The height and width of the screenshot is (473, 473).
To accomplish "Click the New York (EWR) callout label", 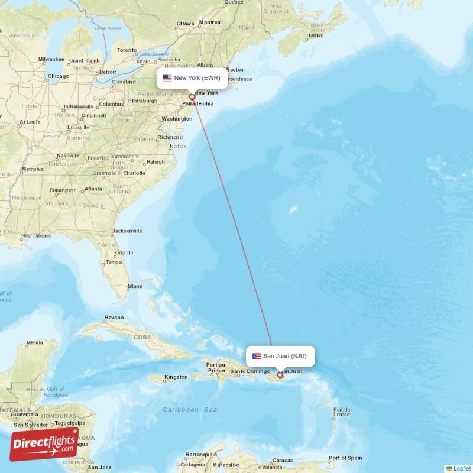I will click(x=192, y=78).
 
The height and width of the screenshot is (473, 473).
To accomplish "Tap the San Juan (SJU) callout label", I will click(x=280, y=356).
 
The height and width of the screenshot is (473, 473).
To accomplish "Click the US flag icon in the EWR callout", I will click(x=167, y=78).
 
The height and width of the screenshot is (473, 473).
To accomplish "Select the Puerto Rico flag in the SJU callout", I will click(x=257, y=356).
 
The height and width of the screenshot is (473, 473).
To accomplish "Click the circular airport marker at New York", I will click(x=192, y=98).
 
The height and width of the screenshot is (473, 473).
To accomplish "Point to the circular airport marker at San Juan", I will click(x=280, y=375).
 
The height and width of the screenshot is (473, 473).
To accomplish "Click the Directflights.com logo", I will click(x=44, y=444).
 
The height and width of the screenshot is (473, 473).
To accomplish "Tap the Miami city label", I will click(x=135, y=286).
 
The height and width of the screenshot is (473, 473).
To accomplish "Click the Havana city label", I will click(x=114, y=318).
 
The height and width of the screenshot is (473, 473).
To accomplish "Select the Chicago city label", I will click(x=58, y=76).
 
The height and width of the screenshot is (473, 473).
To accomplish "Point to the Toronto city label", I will click(x=127, y=50).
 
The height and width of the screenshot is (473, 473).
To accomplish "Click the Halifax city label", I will click(x=315, y=35).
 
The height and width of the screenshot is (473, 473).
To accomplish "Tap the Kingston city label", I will click(x=176, y=377).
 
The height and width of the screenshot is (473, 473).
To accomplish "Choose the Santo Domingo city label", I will click(x=250, y=371).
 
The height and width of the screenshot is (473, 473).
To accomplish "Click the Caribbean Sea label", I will click(x=190, y=409).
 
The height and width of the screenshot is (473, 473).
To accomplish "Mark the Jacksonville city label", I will click(x=127, y=231).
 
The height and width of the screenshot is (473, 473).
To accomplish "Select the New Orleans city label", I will click(x=36, y=236).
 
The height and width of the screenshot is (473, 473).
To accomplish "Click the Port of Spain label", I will click(x=345, y=458).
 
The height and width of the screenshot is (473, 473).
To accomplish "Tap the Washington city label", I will click(x=176, y=119).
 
